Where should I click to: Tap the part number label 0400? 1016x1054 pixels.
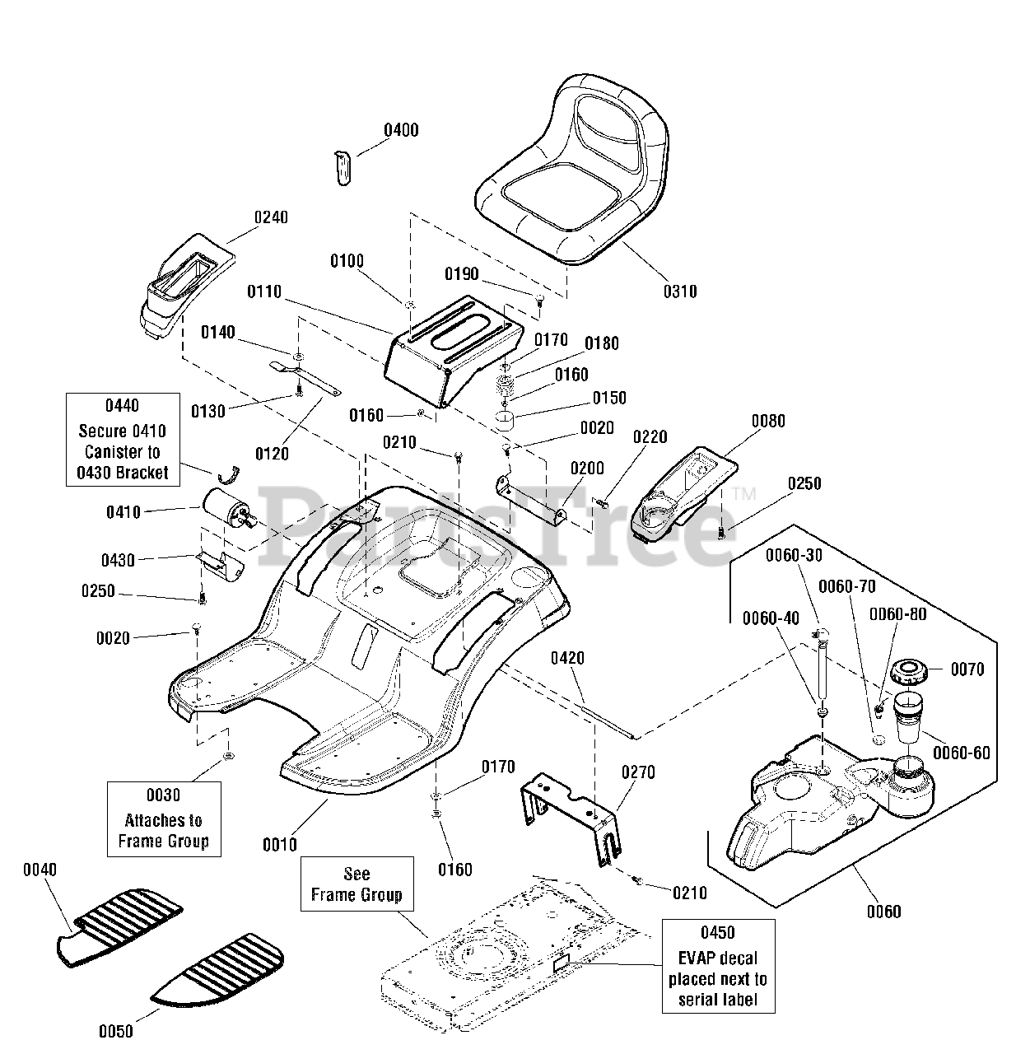click(x=401, y=131)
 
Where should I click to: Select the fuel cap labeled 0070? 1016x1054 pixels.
click(x=909, y=673)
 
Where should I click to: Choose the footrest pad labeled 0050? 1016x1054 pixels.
click(x=217, y=967)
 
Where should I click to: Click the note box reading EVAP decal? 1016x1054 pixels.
click(x=718, y=966)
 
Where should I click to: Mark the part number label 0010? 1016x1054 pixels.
click(x=280, y=844)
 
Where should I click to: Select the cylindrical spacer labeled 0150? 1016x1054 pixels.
click(x=505, y=420)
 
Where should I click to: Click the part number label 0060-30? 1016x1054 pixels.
click(x=794, y=555)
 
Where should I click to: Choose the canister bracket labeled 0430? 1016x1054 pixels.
click(x=219, y=567)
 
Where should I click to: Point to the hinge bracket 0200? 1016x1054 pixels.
click(x=531, y=500)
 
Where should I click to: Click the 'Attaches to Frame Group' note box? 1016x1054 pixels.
click(x=164, y=819)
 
